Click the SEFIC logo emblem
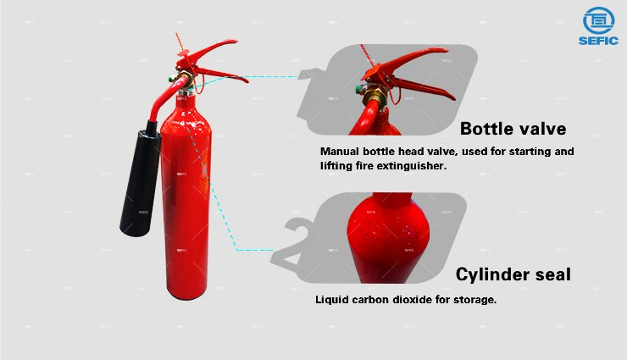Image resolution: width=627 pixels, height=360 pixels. pyautogui.click(x=598, y=20)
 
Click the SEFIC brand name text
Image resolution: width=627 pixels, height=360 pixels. pyautogui.click(x=598, y=41)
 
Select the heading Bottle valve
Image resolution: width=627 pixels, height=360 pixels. pyautogui.click(x=513, y=129)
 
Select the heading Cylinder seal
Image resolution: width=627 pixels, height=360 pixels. pyautogui.click(x=513, y=274)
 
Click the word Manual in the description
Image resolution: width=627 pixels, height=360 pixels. pyautogui.click(x=340, y=152)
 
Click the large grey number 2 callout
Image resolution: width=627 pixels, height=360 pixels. pyautogui.click(x=298, y=243)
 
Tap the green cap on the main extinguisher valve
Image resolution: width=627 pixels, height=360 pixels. pyautogui.click(x=171, y=78)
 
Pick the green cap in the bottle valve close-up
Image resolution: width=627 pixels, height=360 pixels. pyautogui.click(x=360, y=90)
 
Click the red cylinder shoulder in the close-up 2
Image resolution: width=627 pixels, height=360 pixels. pyautogui.click(x=387, y=232)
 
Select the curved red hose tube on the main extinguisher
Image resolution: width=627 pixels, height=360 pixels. pyautogui.click(x=164, y=98)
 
